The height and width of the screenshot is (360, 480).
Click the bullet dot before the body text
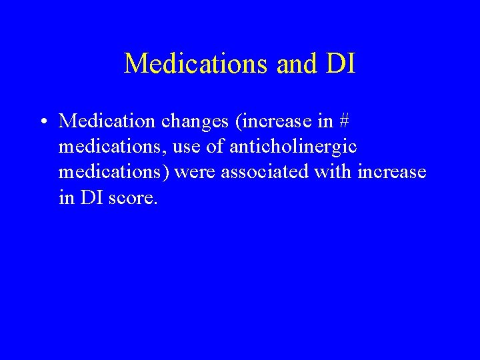[42, 121]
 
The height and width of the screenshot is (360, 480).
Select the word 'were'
[196, 172]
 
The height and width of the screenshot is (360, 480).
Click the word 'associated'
[265, 172]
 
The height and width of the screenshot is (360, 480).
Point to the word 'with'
[333, 172]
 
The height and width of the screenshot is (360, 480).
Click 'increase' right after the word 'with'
[392, 172]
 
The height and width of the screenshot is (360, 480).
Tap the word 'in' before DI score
[67, 197]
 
